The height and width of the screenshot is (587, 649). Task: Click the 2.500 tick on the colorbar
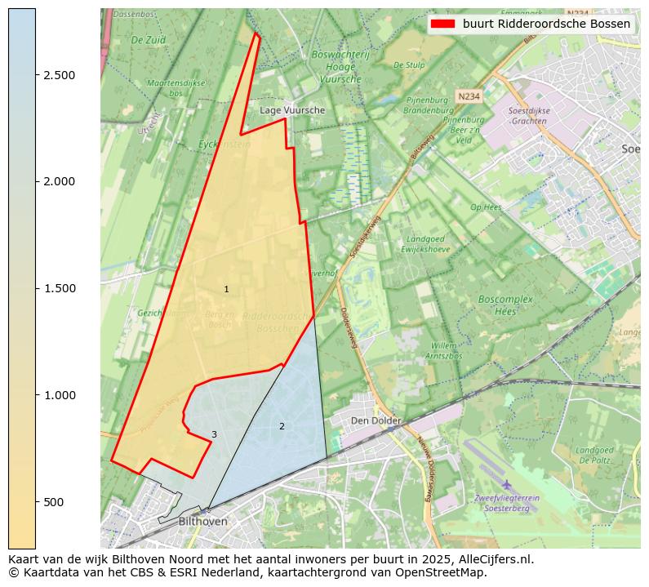[36, 75]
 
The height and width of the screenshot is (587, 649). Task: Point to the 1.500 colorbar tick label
[59, 288]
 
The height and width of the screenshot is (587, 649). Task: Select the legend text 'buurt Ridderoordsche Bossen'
[546, 24]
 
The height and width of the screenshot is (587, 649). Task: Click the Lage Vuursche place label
[292, 110]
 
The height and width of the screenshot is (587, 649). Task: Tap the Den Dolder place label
[376, 420]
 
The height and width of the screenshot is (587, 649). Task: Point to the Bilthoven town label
[202, 521]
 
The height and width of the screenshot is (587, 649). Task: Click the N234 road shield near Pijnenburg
[468, 96]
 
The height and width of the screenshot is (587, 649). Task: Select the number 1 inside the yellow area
[226, 290]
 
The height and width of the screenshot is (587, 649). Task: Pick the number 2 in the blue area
[282, 426]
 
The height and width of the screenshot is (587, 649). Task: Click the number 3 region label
[214, 434]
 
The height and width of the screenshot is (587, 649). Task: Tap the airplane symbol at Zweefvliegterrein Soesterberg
[507, 485]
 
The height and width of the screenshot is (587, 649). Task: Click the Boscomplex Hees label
[505, 305]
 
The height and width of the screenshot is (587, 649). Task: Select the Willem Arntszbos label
[443, 351]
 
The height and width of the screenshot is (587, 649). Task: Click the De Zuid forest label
[148, 39]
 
